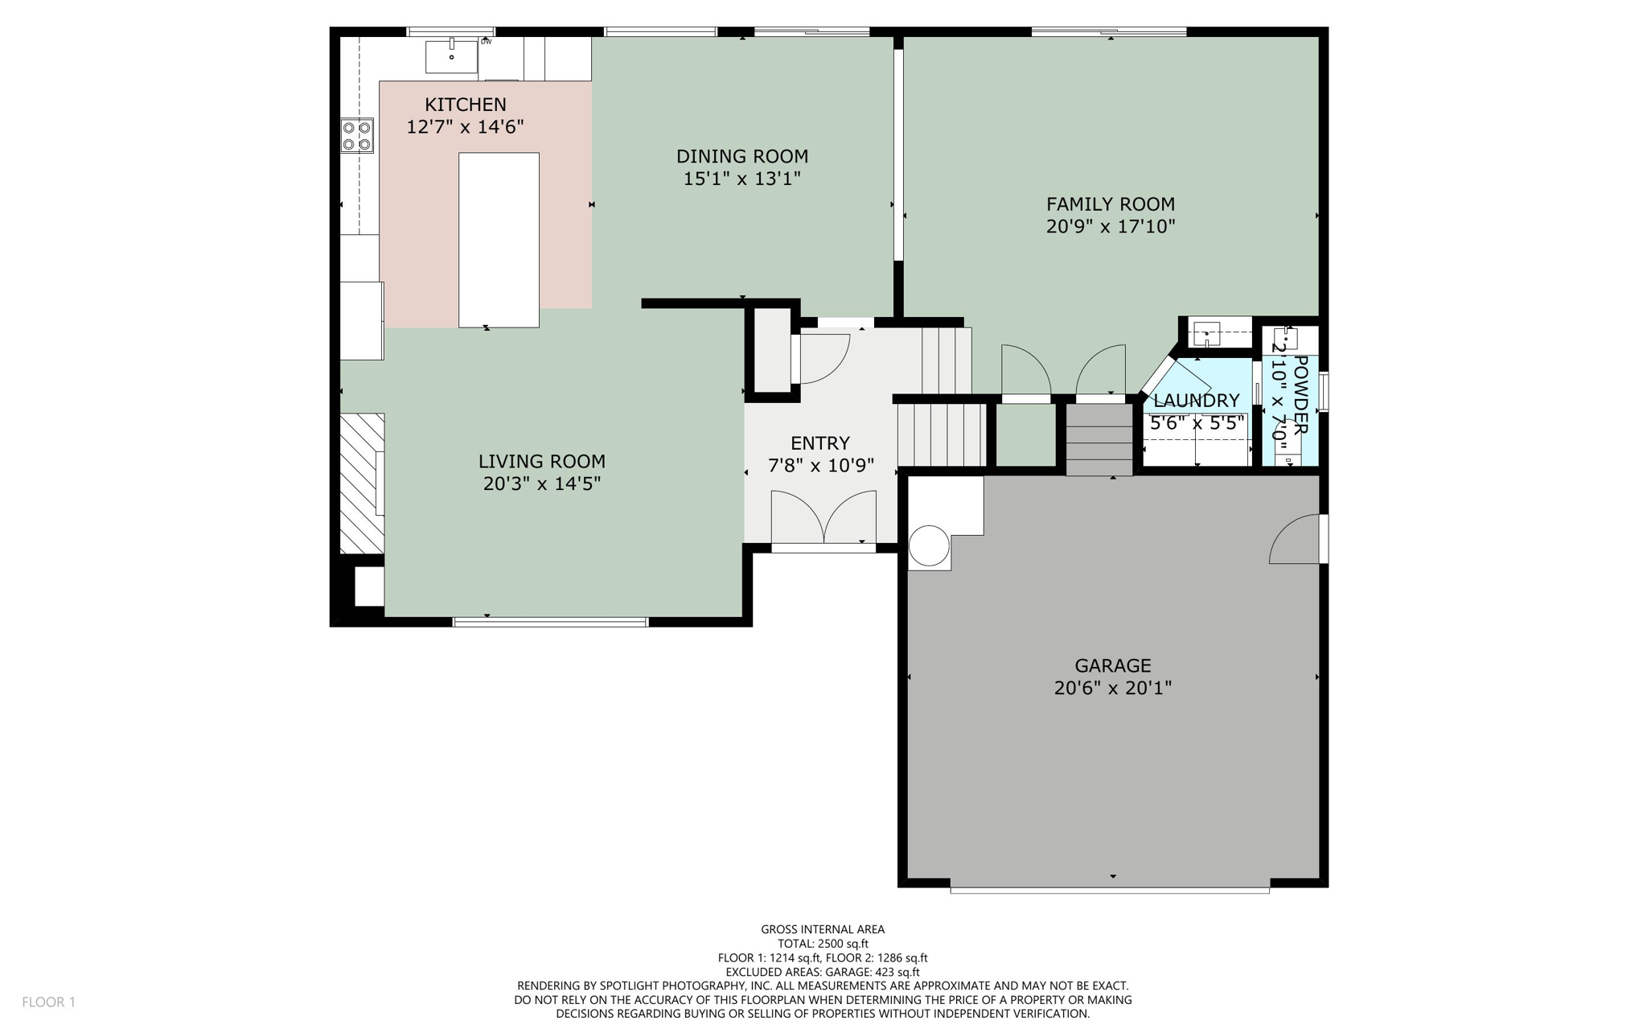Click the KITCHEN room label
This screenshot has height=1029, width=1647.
coord(465,105)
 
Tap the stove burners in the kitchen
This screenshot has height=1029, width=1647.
coord(357,135)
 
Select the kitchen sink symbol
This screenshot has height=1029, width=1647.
coord(451,56)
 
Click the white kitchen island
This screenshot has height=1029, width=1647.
coord(499,239)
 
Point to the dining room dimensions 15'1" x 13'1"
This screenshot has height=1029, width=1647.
coord(741,179)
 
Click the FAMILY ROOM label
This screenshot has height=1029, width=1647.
coord(1110,204)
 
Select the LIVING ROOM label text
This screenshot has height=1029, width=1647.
coord(541,462)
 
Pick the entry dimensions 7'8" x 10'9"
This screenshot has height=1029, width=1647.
coord(820,466)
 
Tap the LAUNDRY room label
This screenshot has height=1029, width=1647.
coord(1196,401)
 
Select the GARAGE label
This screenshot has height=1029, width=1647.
coord(1112,666)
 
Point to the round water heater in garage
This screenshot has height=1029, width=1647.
coord(929,545)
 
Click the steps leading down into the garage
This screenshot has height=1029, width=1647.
coord(1099,439)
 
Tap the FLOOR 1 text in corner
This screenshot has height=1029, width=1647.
coord(48,1002)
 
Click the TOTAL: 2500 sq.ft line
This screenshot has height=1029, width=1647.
coord(823,944)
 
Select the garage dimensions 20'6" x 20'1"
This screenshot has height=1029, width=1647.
coord(1112,689)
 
